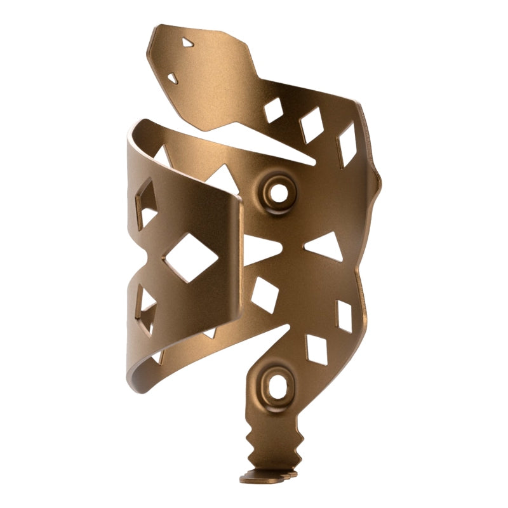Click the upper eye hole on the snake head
tap(187, 43)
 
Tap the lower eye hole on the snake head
tap(172, 78)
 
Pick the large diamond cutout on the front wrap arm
tap(190, 257)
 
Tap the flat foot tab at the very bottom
tap(267, 475)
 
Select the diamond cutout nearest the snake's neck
tap(273, 110)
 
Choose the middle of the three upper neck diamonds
tap(311, 124)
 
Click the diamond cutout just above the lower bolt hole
tap(316, 349)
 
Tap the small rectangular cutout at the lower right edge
tap(344, 316)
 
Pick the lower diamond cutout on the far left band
tap(147, 309)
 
